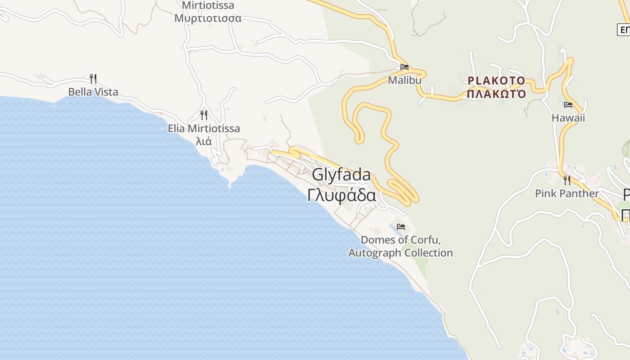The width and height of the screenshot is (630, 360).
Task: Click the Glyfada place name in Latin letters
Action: coord(342,175)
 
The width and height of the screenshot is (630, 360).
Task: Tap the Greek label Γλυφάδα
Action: coord(342,195)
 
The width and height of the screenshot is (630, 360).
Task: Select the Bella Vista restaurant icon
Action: coord(93,79)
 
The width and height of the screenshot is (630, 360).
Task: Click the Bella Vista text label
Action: coord(93,92)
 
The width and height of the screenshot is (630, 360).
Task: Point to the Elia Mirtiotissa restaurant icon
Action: coord(204,115)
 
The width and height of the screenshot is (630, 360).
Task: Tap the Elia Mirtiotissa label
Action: coord(204,129)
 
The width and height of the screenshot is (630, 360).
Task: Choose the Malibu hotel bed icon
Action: coord(405,67)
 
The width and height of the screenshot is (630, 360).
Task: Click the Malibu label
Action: coord(405,80)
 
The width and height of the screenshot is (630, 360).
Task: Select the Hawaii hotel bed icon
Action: coord(568,105)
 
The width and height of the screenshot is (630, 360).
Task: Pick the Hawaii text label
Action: coord(568,118)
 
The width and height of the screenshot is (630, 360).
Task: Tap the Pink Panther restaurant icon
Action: coord(567,180)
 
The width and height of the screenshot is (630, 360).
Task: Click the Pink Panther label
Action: coord(567,193)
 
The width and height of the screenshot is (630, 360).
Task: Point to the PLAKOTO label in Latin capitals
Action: coord(496,81)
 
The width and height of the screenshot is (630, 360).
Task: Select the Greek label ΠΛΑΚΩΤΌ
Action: coord(496,94)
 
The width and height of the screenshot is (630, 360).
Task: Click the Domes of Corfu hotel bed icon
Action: coord(401,226)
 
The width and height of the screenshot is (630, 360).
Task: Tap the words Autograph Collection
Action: coord(400,253)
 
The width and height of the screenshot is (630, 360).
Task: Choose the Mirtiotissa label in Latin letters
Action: coord(208,6)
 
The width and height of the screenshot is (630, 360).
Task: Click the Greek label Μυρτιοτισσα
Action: coord(208,18)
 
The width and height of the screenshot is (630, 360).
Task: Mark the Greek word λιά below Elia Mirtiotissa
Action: coord(204,141)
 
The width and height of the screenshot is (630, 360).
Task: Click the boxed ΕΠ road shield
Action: coord(624,30)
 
